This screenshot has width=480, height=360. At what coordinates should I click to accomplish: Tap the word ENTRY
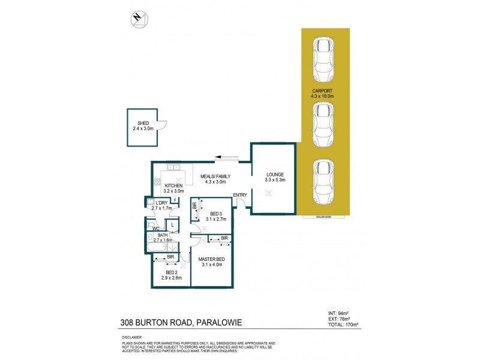click(240, 194)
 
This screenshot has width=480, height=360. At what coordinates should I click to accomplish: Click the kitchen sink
click(174, 167)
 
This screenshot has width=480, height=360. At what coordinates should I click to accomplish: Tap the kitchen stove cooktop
click(158, 182)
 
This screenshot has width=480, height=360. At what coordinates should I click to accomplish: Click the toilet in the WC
click(150, 226)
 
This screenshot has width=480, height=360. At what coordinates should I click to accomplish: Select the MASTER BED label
click(211, 259)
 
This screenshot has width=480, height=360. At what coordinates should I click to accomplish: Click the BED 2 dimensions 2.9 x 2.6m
click(170, 278)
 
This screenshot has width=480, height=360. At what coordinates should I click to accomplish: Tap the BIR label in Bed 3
click(195, 206)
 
